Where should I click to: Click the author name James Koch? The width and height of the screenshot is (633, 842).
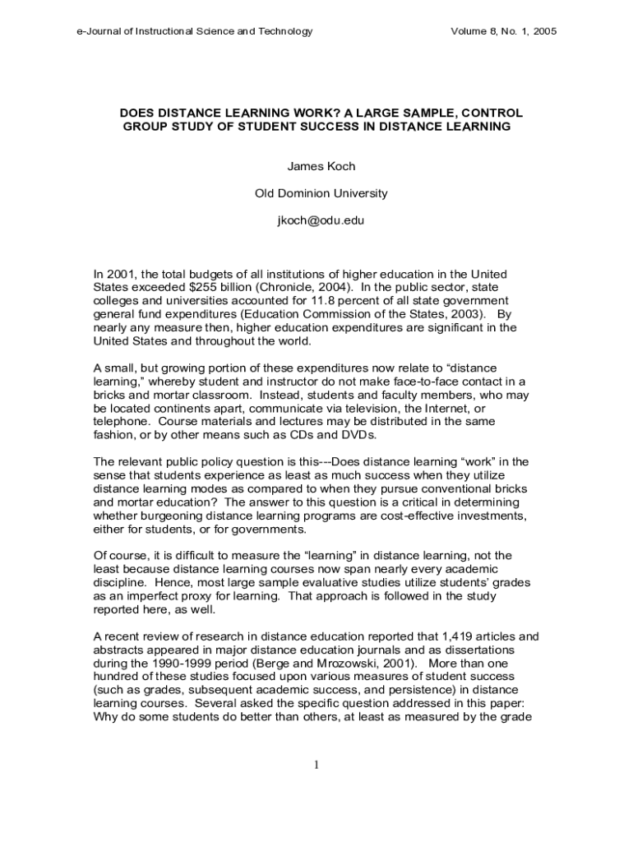click(321, 166)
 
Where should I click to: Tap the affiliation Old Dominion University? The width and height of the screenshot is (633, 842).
click(321, 194)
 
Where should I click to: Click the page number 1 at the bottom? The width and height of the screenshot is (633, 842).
click(316, 766)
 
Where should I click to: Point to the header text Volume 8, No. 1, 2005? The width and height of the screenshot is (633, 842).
click(504, 31)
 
